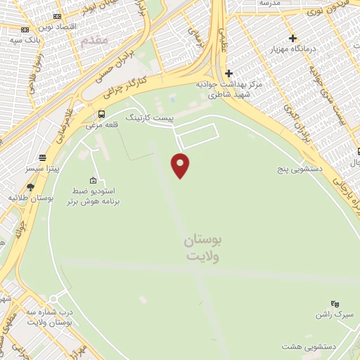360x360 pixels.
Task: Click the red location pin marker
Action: coord(181,165)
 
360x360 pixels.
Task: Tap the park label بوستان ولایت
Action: coord(204,248)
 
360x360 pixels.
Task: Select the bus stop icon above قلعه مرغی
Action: coord(102,114)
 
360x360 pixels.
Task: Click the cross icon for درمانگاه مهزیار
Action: coord(292,38)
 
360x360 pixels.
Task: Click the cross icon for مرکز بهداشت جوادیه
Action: coord(229,72)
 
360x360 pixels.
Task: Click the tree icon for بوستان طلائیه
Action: coord(30,187)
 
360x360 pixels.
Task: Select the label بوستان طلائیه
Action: coord(26,198)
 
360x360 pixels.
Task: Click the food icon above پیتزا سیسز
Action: coord(44,157)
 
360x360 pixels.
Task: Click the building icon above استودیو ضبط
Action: coord(94,179)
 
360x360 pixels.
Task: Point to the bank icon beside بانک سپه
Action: coord(25,30)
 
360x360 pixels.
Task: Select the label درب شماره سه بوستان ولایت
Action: coord(50,317)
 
